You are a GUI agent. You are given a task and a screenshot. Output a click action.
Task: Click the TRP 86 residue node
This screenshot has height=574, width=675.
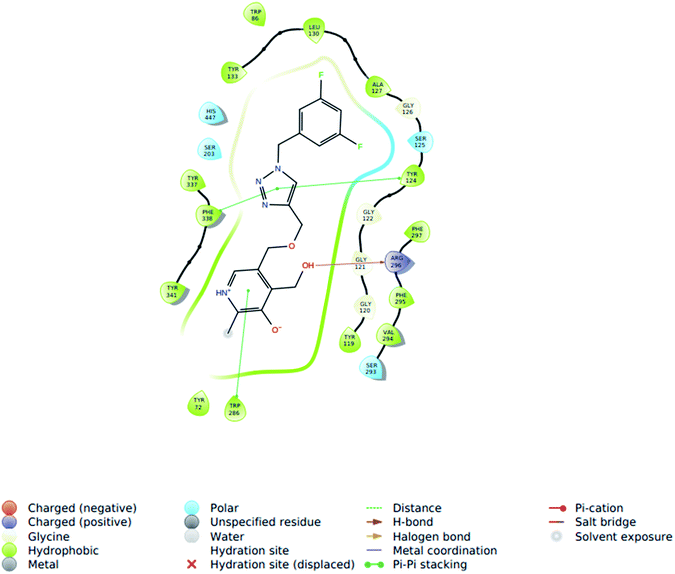point(255,15)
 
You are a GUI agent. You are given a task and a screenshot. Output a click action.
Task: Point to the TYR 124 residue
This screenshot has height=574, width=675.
point(411,178)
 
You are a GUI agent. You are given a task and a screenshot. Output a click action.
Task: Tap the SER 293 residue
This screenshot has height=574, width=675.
point(371,367)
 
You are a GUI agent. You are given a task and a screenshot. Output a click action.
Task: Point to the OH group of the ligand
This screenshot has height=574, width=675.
point(308,266)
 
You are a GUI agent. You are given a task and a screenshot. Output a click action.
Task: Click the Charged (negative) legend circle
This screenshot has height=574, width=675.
point(11,508)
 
